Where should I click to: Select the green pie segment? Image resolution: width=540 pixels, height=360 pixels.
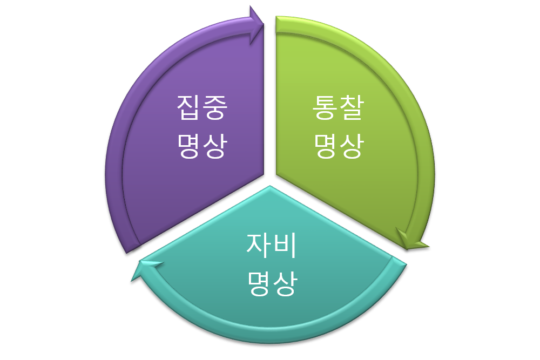[x=378, y=178]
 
